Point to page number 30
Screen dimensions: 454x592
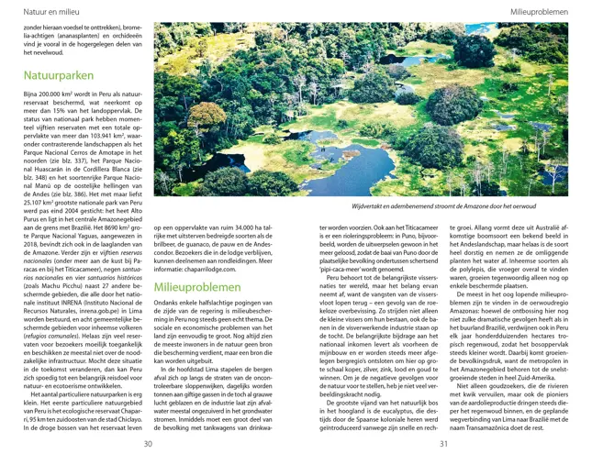[x=148, y=445]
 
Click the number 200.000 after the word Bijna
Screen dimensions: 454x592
[x=51, y=94]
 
